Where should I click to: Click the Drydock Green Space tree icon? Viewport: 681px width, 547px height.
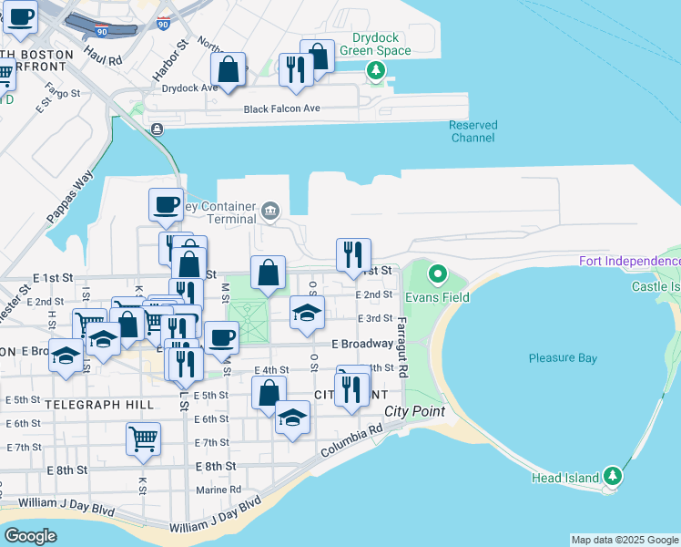click(374, 71)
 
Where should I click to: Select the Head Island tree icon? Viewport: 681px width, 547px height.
click(613, 476)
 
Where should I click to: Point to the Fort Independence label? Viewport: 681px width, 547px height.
click(629, 263)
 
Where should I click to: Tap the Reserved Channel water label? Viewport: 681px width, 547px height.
click(473, 131)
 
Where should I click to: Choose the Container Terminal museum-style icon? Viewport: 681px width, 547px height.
click(269, 212)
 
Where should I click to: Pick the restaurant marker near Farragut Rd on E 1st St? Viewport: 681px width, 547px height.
click(352, 254)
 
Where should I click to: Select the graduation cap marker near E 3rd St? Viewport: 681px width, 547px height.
click(307, 312)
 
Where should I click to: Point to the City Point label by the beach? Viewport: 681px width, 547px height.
click(414, 411)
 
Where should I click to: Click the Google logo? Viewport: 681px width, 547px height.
click(31, 536)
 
